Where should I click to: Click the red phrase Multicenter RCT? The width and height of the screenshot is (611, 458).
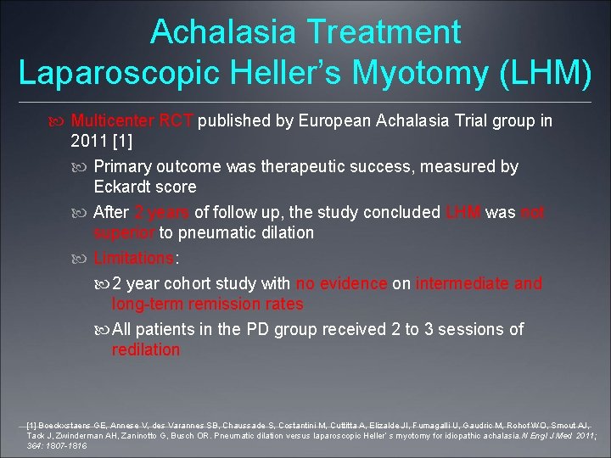[x=133, y=121]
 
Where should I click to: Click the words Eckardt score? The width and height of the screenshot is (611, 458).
[x=144, y=187]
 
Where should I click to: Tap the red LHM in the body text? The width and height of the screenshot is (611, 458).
[x=462, y=213]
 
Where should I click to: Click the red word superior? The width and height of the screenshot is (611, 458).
[x=125, y=232]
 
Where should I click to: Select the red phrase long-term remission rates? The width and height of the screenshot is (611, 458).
[x=207, y=304]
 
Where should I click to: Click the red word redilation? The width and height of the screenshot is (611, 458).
[x=146, y=349]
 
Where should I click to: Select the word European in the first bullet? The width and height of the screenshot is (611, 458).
[x=334, y=121]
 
